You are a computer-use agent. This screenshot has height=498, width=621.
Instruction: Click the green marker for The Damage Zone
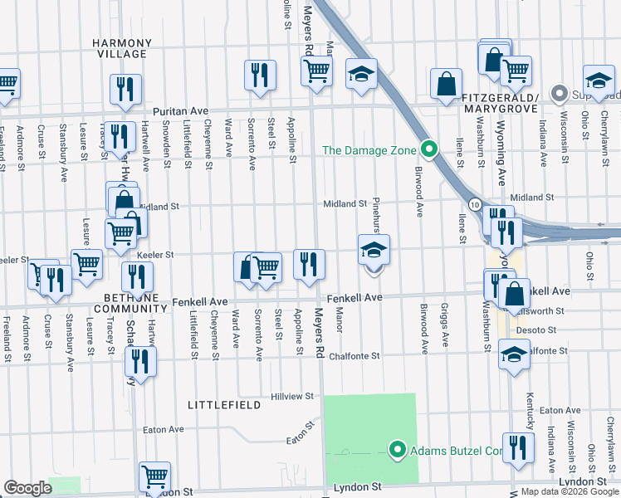(x=428, y=150)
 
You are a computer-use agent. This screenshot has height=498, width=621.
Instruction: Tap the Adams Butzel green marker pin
(x=397, y=451)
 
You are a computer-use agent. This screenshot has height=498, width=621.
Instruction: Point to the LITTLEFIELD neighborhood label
(x=224, y=405)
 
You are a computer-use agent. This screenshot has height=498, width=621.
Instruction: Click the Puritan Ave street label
(x=180, y=110)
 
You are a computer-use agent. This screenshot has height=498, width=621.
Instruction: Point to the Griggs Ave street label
(x=445, y=328)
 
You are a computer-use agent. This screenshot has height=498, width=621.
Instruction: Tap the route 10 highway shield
(x=472, y=203)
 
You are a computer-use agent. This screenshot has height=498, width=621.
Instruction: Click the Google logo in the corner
(x=27, y=488)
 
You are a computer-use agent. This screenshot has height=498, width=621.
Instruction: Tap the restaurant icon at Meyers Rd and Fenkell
(x=309, y=265)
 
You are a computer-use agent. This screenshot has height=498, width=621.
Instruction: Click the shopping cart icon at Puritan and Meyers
(x=316, y=72)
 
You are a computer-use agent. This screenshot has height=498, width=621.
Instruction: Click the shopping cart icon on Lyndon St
(x=154, y=476)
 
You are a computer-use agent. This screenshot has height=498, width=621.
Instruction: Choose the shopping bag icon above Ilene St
(x=446, y=82)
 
